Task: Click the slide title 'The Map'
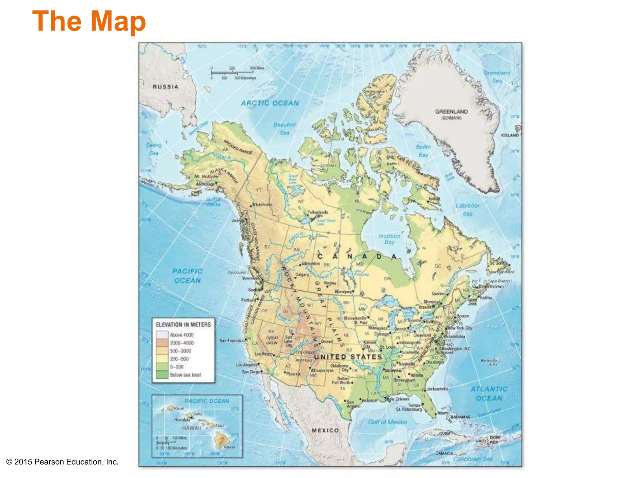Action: coord(89,21)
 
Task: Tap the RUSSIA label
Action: coord(166,87)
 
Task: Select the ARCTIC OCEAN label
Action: coord(270,103)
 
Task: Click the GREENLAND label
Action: coord(451,112)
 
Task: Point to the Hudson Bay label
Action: coord(389,239)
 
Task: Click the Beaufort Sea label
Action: coord(285,129)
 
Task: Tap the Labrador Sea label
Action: coord(467,209)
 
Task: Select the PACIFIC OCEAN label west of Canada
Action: coord(187,276)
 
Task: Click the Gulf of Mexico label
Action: coord(387,422)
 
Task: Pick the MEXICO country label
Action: coord(325,430)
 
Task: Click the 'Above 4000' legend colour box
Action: coord(162,335)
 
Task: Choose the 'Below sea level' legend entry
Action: coord(185,375)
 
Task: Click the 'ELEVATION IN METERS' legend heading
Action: coord(183,325)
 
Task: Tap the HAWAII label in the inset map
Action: coord(191,428)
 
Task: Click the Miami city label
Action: coord(443,413)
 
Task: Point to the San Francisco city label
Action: coord(232,341)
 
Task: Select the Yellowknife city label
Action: coord(318,212)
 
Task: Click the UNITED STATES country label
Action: coord(348,357)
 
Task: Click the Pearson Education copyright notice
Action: coord(63,462)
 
